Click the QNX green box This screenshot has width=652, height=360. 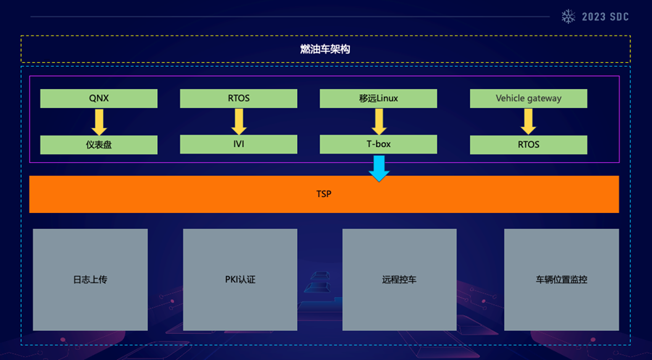[x=99, y=99]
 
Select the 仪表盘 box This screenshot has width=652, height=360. [x=99, y=144]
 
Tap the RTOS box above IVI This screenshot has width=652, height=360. [x=238, y=99]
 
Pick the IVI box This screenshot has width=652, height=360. [x=238, y=144]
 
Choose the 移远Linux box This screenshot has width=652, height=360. [x=378, y=99]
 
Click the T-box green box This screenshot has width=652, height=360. [x=378, y=144]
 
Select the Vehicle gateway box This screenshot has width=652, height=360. [x=528, y=99]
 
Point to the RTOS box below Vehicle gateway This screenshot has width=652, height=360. [x=528, y=144]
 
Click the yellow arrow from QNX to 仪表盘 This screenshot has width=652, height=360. [x=99, y=121]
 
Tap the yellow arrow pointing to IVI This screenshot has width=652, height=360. [x=238, y=121]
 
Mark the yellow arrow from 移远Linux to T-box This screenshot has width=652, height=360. [x=378, y=121]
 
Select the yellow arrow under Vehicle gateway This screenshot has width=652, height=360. [x=528, y=121]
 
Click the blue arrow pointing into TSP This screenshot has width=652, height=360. [x=378, y=168]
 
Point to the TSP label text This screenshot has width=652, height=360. [x=324, y=194]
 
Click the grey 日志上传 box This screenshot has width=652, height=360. [x=90, y=280]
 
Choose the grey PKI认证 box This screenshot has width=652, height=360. [x=240, y=280]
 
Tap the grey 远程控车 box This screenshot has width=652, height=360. [x=399, y=280]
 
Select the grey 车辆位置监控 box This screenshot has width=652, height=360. [x=561, y=280]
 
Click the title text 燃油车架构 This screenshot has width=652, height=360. [x=325, y=49]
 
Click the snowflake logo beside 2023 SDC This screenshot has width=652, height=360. [x=569, y=17]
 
